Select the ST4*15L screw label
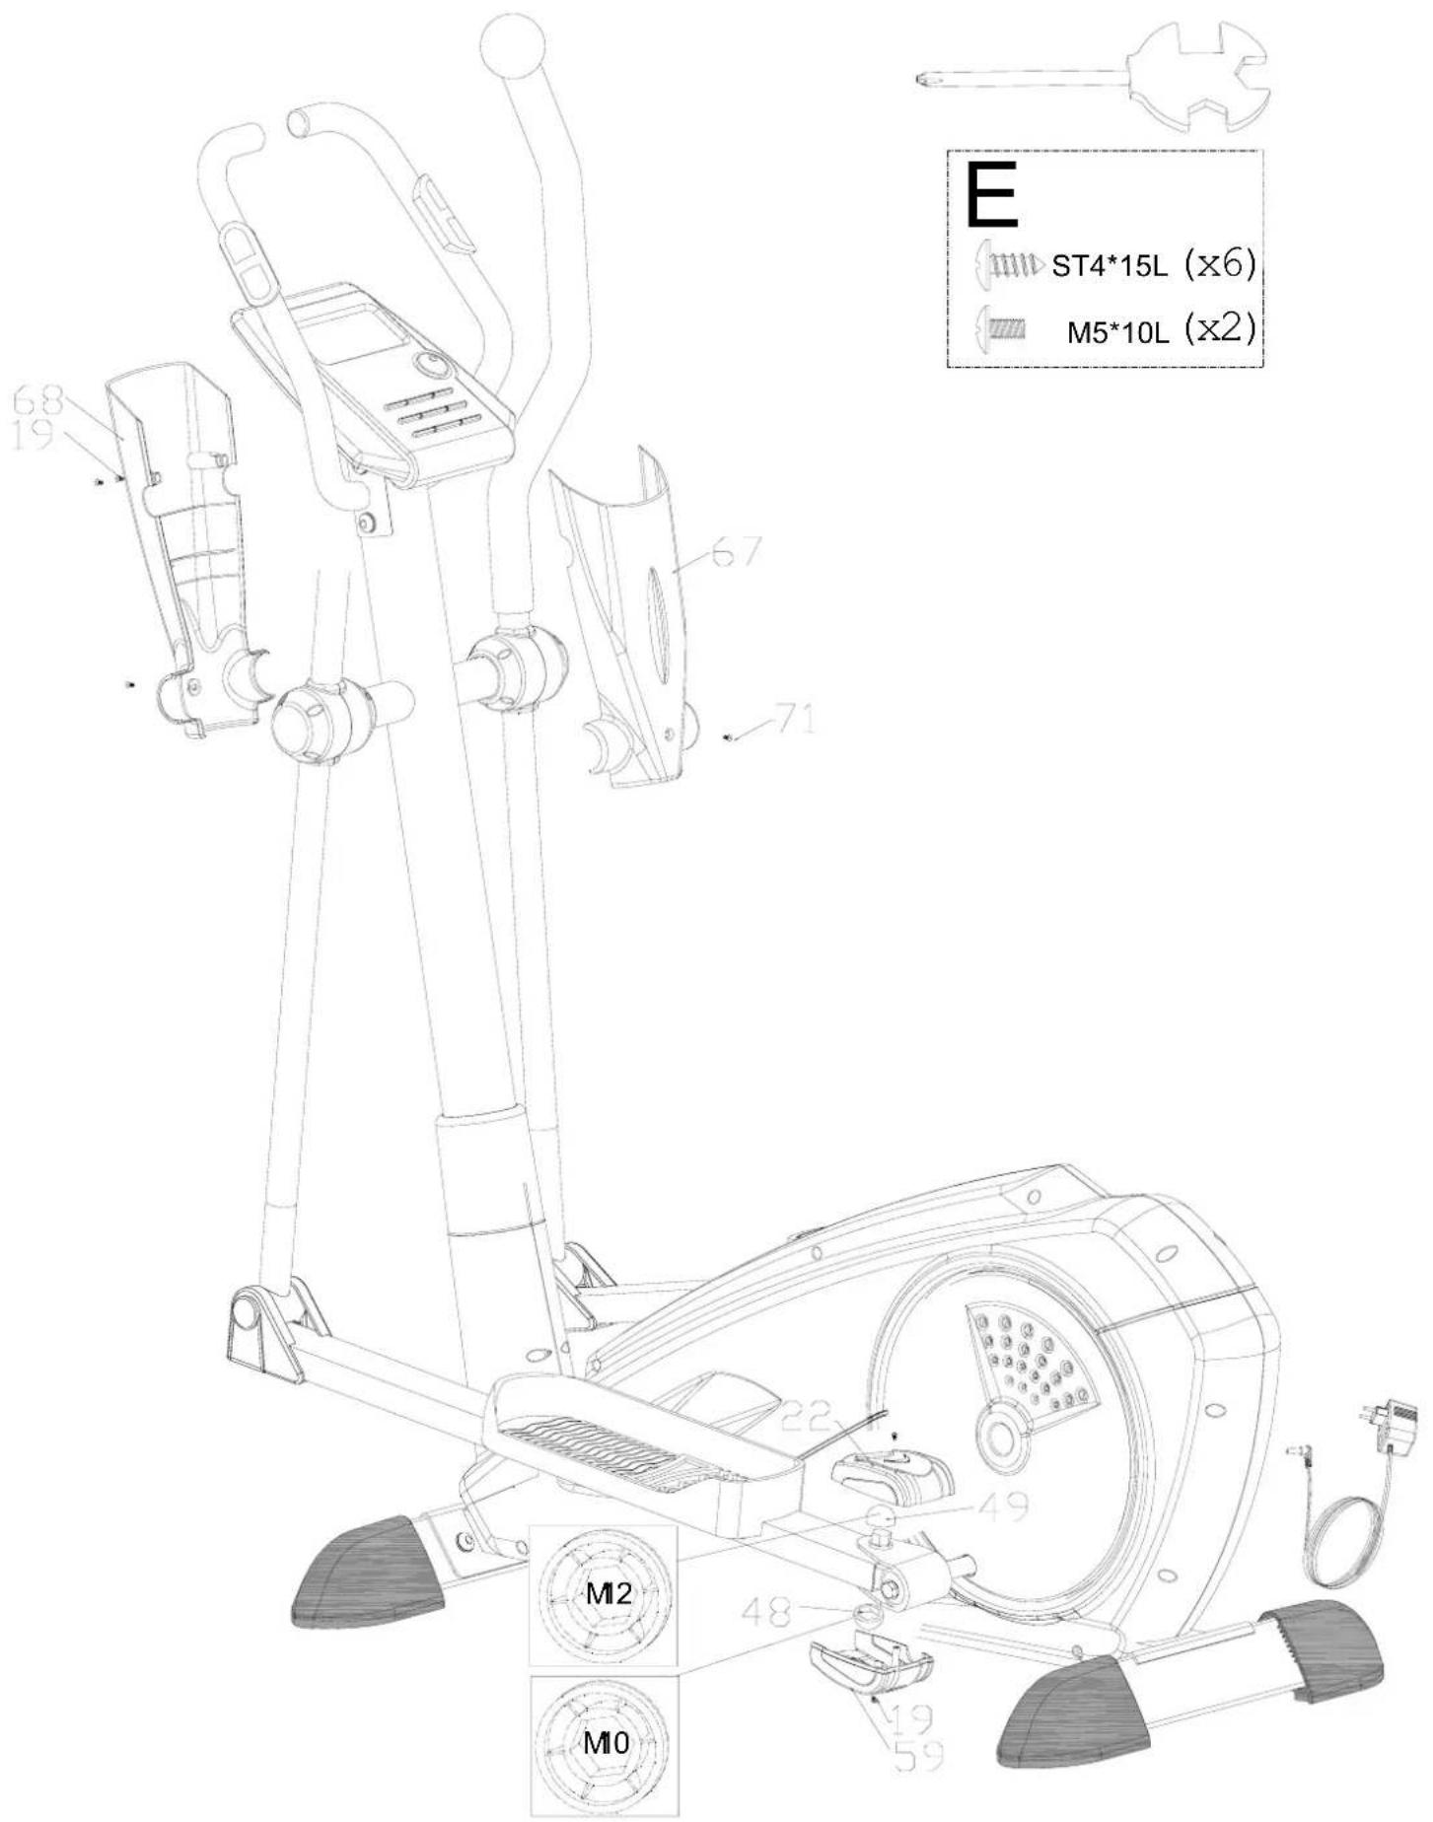pos(1108,268)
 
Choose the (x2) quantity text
pos(1220,329)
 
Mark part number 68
pos(39,400)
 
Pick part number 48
pos(768,1612)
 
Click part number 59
pos(916,1755)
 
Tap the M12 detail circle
pos(605,1595)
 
